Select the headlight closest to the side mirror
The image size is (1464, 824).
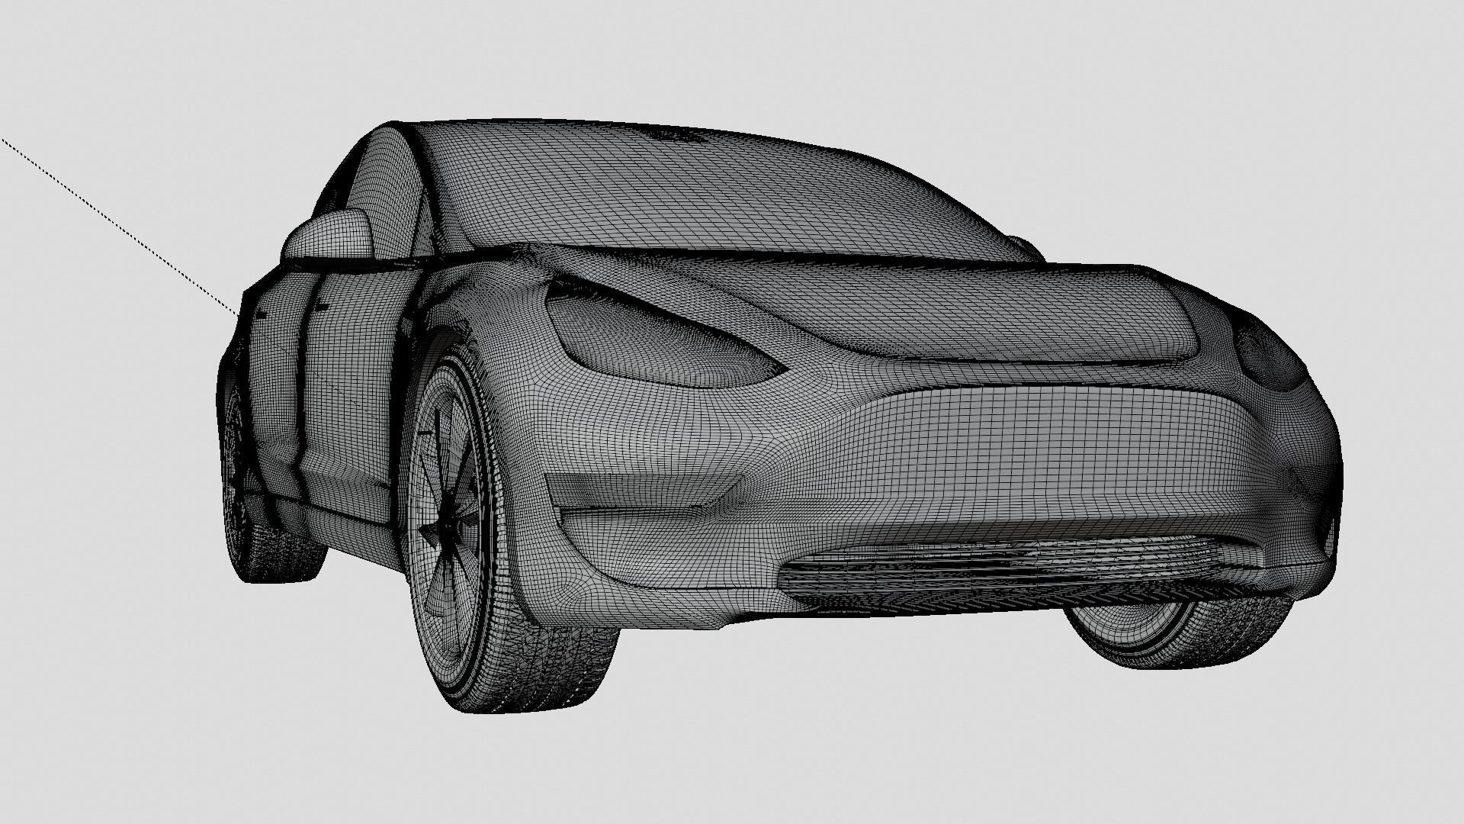pos(656,340)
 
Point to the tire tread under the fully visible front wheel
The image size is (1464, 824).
pos(534,671)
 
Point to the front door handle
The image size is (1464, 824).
pos(320,307)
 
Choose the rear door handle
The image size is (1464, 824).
pos(261,314)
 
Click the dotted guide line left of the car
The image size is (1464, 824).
pos(114,221)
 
